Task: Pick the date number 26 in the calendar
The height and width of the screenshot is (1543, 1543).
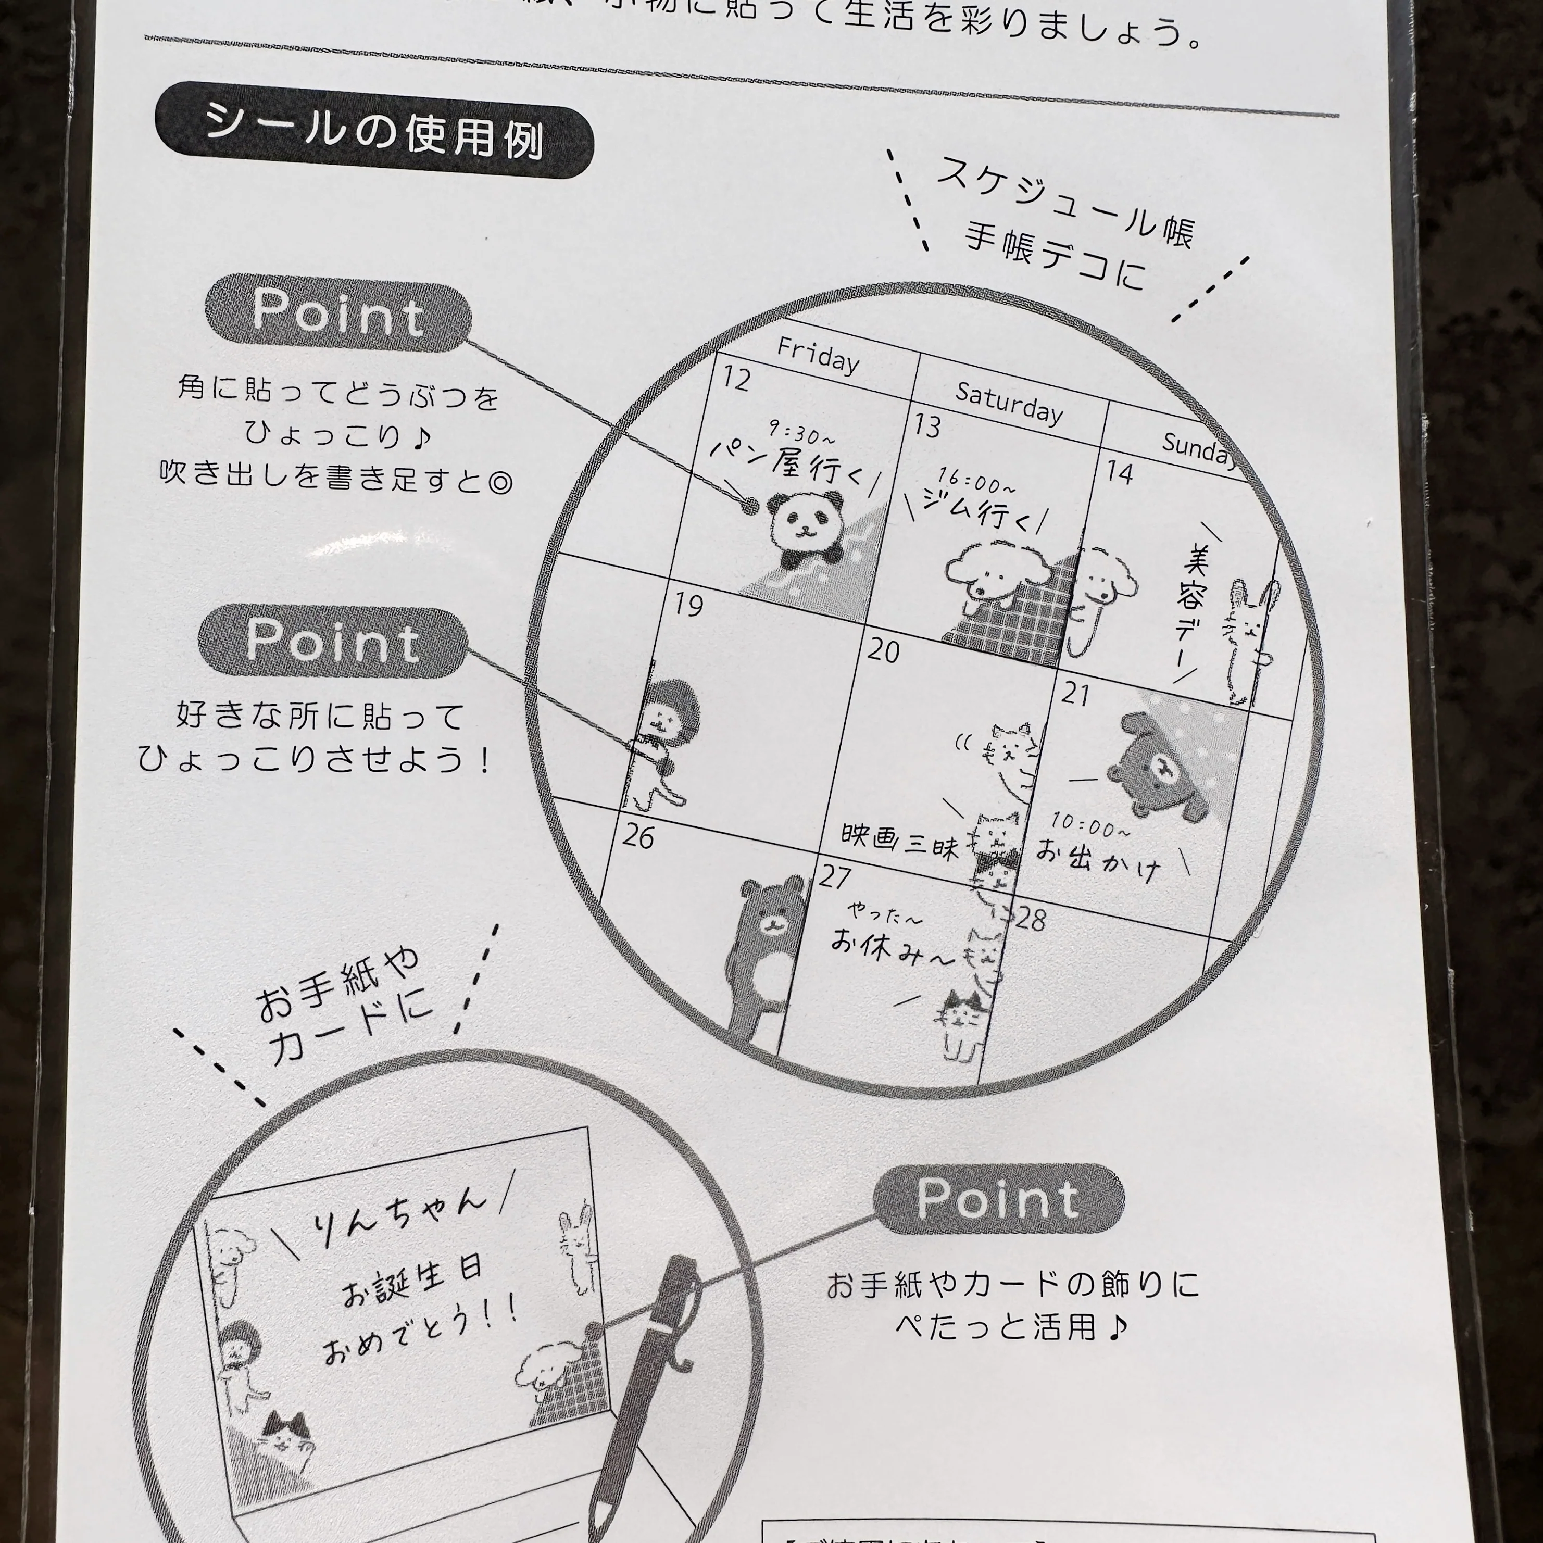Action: pyautogui.click(x=637, y=836)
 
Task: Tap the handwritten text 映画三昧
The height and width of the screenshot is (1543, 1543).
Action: pyautogui.click(x=898, y=840)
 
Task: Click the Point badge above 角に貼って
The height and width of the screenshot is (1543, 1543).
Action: pyautogui.click(x=338, y=312)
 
